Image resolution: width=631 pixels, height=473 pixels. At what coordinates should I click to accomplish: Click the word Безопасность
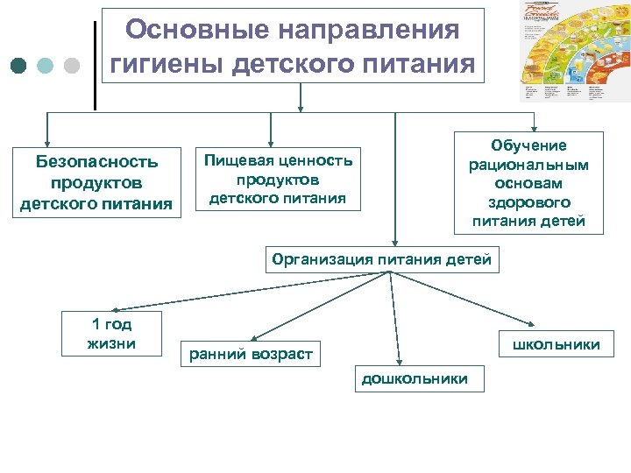pyautogui.click(x=96, y=162)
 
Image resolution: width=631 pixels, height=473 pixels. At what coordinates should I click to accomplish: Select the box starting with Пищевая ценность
pyautogui.click(x=278, y=180)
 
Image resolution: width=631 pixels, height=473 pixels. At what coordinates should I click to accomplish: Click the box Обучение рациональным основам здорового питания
pyautogui.click(x=528, y=183)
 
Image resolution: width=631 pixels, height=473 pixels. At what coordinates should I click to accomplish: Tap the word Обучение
pyautogui.click(x=528, y=145)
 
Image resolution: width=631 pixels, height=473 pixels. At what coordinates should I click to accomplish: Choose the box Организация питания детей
pyautogui.click(x=382, y=260)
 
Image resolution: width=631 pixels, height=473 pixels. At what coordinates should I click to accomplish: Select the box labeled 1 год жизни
pyautogui.click(x=111, y=334)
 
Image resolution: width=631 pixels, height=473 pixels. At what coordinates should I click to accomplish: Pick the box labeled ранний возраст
pyautogui.click(x=251, y=354)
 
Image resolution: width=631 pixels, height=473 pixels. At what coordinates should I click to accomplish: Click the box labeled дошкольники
pyautogui.click(x=415, y=379)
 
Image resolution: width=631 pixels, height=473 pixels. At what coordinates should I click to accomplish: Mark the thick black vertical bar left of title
pyautogui.click(x=95, y=66)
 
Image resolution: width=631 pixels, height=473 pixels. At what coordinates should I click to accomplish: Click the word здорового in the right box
pyautogui.click(x=528, y=202)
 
